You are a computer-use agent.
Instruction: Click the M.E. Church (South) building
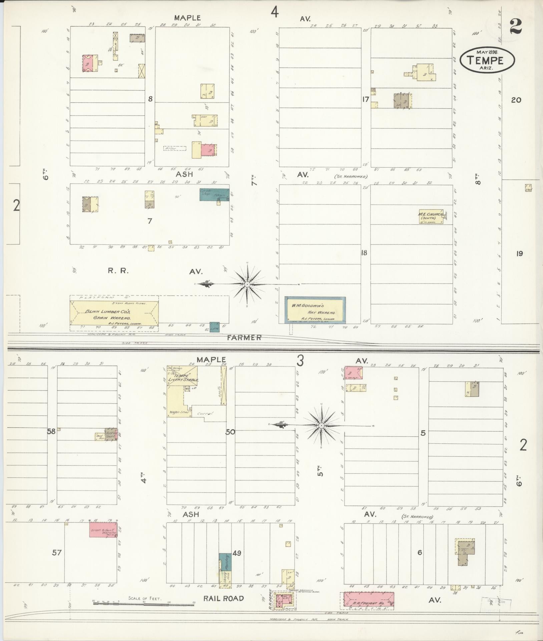click(431, 217)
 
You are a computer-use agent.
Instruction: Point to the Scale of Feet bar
click(144, 603)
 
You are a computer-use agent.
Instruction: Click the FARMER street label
click(244, 338)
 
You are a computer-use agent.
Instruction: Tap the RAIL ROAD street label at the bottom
click(223, 599)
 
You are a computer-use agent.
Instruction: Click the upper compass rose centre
click(247, 284)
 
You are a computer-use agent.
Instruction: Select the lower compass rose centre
click(321, 426)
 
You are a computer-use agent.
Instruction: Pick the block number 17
click(365, 99)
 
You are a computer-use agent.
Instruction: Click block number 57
click(57, 553)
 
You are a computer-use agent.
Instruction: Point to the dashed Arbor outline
click(174, 148)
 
